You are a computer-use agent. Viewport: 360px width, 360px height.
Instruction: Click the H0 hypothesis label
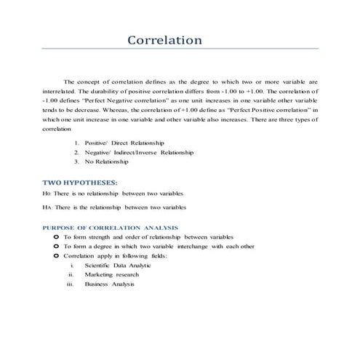tap(47, 193)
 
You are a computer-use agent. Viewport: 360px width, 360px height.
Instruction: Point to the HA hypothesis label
tap(47, 207)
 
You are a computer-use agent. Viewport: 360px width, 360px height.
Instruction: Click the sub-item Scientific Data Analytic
tap(117, 265)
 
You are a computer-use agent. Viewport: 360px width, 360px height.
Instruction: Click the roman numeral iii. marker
tap(70, 284)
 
